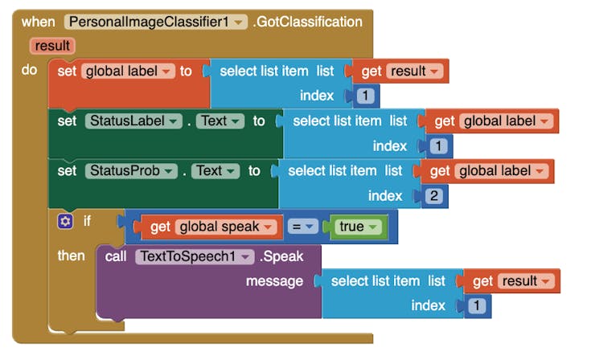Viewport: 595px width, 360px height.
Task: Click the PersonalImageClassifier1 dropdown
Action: click(x=155, y=22)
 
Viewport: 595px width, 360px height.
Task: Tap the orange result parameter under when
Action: click(x=52, y=46)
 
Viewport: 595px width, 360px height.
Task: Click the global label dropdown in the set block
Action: click(x=128, y=71)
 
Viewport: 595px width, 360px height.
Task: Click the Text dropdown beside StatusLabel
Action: click(x=220, y=121)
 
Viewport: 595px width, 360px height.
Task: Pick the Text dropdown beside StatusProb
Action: click(x=215, y=170)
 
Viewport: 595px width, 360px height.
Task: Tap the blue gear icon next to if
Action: click(x=65, y=220)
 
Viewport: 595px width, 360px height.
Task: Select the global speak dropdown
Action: click(x=226, y=227)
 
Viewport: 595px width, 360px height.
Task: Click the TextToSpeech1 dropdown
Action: click(x=193, y=256)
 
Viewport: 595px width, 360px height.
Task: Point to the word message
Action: click(x=274, y=281)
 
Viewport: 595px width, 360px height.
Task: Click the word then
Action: click(x=71, y=256)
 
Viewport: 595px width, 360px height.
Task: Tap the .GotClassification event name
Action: click(x=309, y=22)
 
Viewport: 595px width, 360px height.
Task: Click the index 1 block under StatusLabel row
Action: click(x=437, y=146)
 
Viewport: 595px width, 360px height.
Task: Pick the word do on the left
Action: click(x=29, y=70)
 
